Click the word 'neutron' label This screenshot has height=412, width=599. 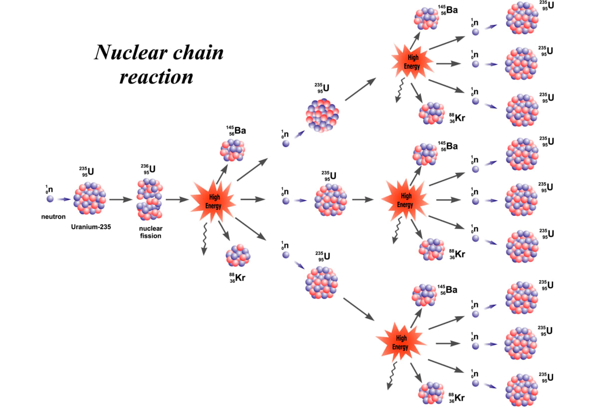click(x=53, y=217)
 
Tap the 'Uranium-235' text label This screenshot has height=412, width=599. click(x=91, y=227)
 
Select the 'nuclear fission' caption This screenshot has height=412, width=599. click(x=151, y=232)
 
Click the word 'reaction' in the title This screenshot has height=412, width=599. click(x=156, y=77)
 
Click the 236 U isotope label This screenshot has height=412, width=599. click(x=148, y=169)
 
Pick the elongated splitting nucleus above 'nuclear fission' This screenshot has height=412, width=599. click(x=149, y=199)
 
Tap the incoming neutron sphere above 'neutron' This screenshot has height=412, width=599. click(x=50, y=199)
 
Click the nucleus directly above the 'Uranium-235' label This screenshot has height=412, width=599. click(x=90, y=198)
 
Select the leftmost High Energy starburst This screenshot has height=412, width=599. click(x=213, y=201)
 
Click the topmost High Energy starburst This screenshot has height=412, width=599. click(x=412, y=62)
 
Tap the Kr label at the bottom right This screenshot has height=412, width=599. click(x=457, y=398)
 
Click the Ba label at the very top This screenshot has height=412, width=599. click(x=448, y=10)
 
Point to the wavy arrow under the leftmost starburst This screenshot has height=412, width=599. click(x=205, y=239)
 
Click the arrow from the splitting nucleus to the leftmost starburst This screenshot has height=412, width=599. click(x=177, y=200)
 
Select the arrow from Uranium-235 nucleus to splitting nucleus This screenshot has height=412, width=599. click(x=121, y=200)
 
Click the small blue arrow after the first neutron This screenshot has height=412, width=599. click(x=64, y=199)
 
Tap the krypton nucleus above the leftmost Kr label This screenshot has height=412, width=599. click(x=238, y=256)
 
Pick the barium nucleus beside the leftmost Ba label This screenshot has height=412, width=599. click(x=233, y=150)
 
